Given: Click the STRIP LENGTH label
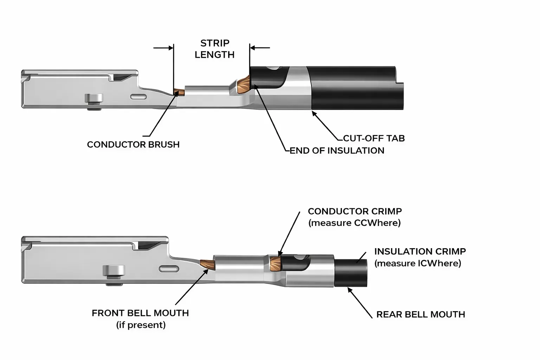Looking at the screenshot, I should pyautogui.click(x=214, y=49).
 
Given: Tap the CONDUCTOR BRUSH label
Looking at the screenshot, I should pyautogui.click(x=133, y=144).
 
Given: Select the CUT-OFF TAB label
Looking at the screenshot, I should pyautogui.click(x=374, y=138).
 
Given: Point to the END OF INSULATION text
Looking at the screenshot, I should pyautogui.click(x=337, y=150).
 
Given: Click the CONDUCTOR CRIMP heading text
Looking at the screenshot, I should pyautogui.click(x=355, y=211).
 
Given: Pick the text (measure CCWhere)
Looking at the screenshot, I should pyautogui.click(x=355, y=223).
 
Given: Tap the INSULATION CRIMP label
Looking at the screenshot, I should pyautogui.click(x=420, y=251).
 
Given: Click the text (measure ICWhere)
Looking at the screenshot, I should pyautogui.click(x=418, y=263).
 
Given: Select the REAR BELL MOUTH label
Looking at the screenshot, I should pyautogui.click(x=420, y=314).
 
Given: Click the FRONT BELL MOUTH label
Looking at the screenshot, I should pyautogui.click(x=140, y=313).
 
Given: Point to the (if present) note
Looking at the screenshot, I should pyautogui.click(x=141, y=325).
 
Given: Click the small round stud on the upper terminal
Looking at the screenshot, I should pyautogui.click(x=94, y=98).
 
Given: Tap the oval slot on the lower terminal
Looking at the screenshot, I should pyautogui.click(x=169, y=269).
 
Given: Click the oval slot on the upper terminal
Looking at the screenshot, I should pyautogui.click(x=139, y=96).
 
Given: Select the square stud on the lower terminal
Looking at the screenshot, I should pyautogui.click(x=114, y=271).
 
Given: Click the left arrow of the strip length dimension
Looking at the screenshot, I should pyautogui.click(x=163, y=48).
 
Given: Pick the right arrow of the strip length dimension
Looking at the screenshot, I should pyautogui.click(x=260, y=48).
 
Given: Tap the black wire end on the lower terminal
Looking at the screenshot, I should pyautogui.click(x=351, y=273).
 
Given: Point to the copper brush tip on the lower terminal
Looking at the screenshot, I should pyautogui.click(x=207, y=264).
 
